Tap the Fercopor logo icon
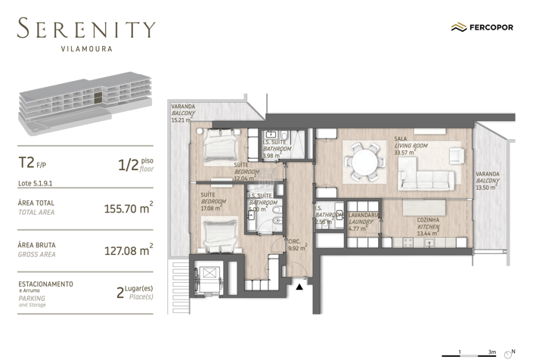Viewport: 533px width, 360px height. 457,27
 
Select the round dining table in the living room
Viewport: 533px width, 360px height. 364,162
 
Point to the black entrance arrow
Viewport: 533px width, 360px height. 300,286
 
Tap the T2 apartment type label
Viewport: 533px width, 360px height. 26,162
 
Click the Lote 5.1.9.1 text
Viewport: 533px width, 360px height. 35,182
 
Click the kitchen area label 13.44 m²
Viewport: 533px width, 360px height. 428,233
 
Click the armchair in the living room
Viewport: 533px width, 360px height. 455,155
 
